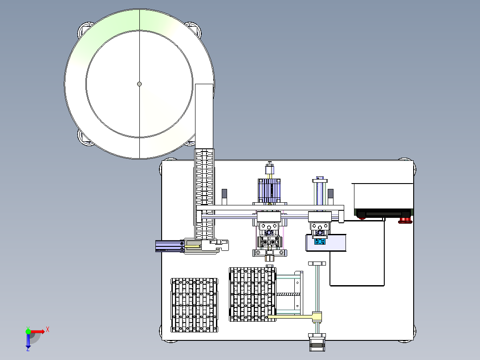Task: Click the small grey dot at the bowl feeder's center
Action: [x=139, y=84]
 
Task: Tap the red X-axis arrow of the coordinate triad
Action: [x=37, y=331]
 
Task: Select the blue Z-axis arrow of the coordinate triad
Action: [x=28, y=341]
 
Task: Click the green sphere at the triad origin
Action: [x=28, y=331]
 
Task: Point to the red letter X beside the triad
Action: [x=48, y=330]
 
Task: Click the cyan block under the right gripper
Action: [x=320, y=241]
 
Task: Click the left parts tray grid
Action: [x=195, y=305]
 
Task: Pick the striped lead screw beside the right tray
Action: [x=288, y=295]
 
